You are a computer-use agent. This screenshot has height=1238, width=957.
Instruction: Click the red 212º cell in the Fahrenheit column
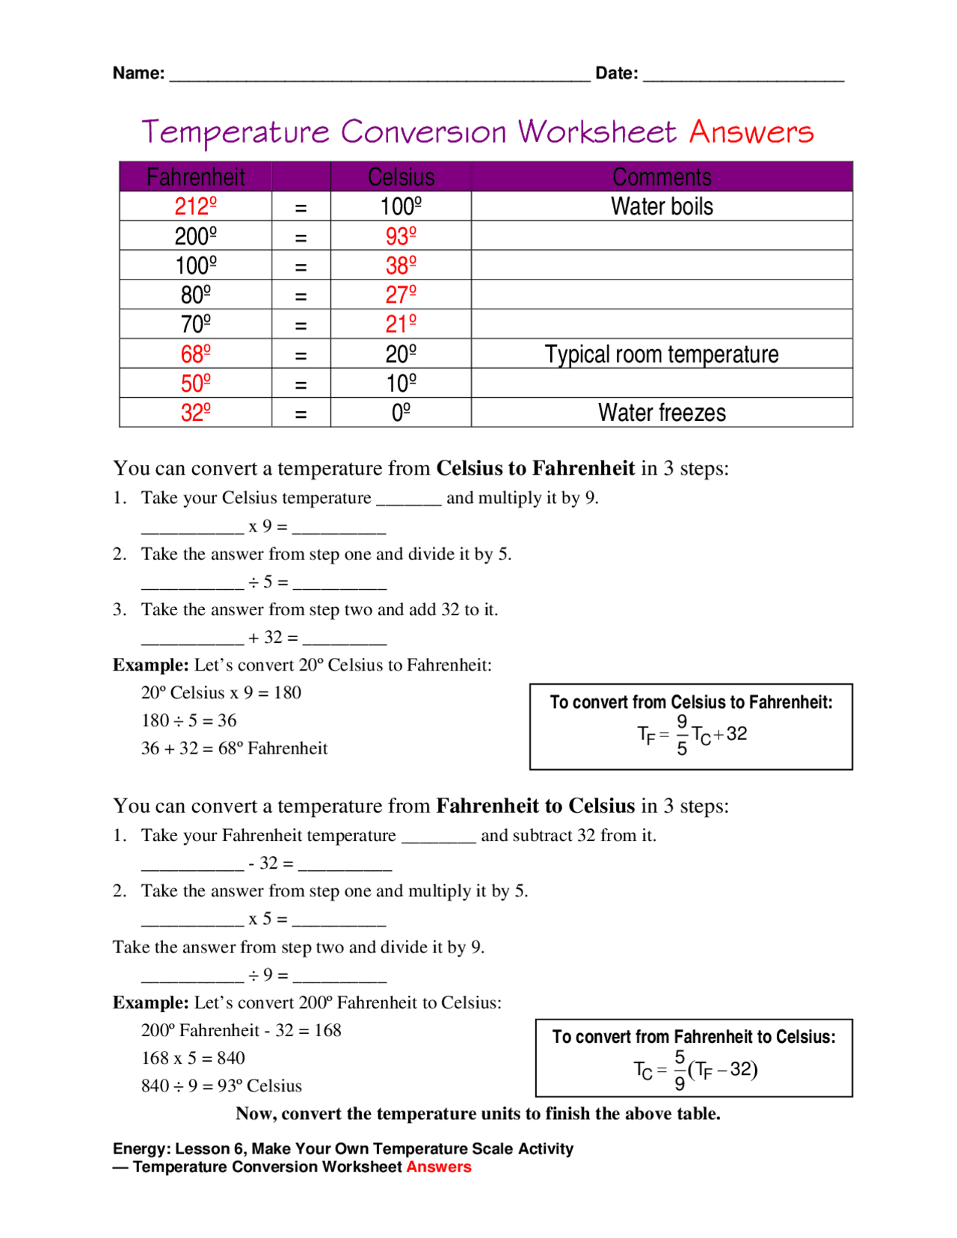[x=195, y=206]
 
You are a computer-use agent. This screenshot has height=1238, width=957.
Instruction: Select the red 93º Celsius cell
[x=401, y=236]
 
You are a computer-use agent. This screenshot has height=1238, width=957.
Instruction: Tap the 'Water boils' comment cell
[x=662, y=206]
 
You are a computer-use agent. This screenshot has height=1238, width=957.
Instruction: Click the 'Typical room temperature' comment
[x=662, y=354]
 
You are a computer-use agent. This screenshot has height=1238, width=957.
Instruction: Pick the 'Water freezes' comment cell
[x=662, y=413]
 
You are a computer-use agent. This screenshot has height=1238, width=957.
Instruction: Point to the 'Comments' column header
[x=662, y=177]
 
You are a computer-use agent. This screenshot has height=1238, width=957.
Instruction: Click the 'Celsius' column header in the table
[x=401, y=177]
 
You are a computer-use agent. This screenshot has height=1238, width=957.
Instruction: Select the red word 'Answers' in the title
[x=751, y=132]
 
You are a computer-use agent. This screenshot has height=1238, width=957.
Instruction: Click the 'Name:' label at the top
[x=138, y=73]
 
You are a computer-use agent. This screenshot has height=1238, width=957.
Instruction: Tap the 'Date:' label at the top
[x=616, y=73]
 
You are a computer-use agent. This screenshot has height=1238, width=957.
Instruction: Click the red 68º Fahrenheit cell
[x=195, y=354]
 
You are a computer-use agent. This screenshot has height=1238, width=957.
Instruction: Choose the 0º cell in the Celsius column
[x=401, y=413]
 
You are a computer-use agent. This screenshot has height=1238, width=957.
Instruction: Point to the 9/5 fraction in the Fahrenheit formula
[x=681, y=735]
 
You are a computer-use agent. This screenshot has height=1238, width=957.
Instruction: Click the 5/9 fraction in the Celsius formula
[x=679, y=1070]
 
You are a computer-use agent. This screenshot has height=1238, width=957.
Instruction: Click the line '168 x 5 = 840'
[x=193, y=1058]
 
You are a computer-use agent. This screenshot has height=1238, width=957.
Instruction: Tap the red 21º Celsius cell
[x=401, y=324]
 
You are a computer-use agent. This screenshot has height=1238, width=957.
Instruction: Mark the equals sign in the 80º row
[x=301, y=296]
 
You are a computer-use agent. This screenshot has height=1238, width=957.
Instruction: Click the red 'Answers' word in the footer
[x=439, y=1167]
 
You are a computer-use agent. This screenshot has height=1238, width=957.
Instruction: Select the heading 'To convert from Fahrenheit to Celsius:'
[x=694, y=1037]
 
